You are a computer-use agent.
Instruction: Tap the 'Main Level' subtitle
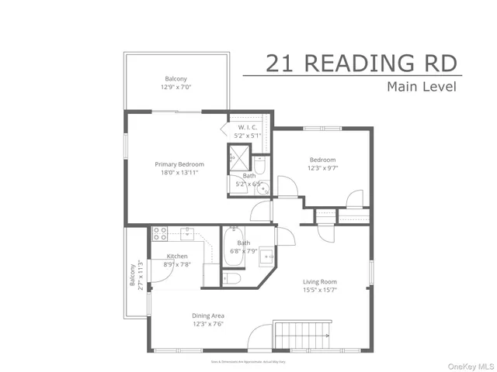point(421,86)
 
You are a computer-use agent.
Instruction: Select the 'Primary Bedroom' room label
point(179,164)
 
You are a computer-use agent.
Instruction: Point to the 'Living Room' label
point(319,282)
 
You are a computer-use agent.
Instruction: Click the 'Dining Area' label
point(209,315)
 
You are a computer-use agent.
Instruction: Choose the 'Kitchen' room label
point(178,257)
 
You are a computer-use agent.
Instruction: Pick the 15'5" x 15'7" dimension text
point(319,291)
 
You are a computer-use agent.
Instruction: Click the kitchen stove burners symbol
point(161,232)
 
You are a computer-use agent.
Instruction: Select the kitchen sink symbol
point(187,232)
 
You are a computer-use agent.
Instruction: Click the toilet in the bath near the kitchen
point(231,277)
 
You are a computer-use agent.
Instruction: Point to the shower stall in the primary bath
point(237,157)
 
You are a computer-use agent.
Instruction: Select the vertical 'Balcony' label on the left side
point(132,274)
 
